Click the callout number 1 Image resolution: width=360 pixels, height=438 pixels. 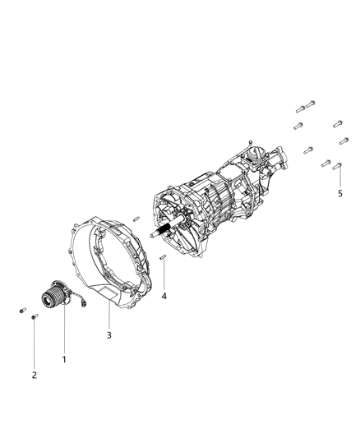[64, 359]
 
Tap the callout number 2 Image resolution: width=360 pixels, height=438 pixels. [34, 376]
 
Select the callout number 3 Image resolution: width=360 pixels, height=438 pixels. [109, 335]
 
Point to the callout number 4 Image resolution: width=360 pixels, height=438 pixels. [164, 296]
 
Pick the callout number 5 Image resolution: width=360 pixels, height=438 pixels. [340, 193]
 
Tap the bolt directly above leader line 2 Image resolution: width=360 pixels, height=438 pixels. [35, 316]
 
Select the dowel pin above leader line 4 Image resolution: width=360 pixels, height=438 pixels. [163, 256]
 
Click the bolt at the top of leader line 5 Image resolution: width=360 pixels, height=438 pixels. [337, 166]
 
